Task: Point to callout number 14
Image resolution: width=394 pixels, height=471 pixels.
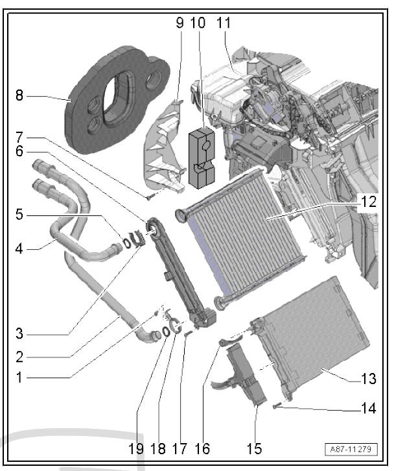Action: point(369,410)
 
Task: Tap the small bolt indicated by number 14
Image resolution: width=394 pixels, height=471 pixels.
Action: point(276,405)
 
